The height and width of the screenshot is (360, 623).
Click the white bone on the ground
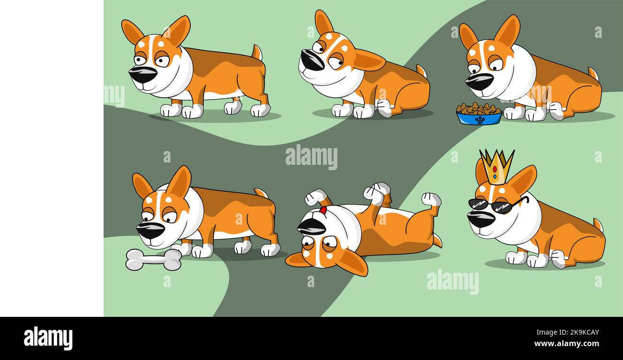153,259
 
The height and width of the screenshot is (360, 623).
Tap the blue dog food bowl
479,118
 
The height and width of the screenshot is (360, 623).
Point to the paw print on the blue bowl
479,119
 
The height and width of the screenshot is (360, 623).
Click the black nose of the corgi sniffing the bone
150,230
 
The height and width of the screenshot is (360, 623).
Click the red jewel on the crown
495,169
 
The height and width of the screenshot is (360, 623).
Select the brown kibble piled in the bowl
478,108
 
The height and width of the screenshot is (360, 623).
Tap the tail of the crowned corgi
598,224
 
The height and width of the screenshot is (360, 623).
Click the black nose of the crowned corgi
480,219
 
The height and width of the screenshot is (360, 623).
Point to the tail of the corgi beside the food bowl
593,74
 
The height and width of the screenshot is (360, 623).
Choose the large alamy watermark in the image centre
311,157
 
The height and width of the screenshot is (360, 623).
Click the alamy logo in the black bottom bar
48,338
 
